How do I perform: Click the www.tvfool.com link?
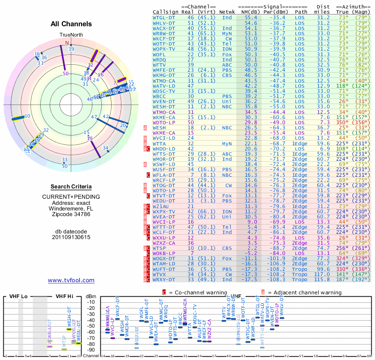(71, 280)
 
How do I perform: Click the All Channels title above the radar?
(71, 24)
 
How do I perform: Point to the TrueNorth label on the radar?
(71, 35)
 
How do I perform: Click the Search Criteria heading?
(71, 187)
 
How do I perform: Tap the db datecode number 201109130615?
(71, 237)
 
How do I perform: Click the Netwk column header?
(227, 11)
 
